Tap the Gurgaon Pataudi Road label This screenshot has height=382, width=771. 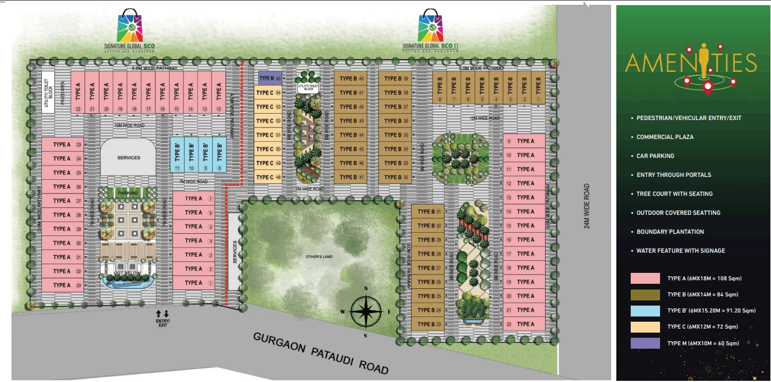click(321, 352)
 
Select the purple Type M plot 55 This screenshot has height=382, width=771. click(270, 79)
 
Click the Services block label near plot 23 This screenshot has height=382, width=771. click(128, 157)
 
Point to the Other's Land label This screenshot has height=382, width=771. click(320, 256)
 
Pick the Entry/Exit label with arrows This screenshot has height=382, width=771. click(163, 319)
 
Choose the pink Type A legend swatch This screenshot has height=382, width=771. click(645, 279)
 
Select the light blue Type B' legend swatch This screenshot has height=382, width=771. click(645, 311)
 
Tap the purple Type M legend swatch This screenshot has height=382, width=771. click(645, 343)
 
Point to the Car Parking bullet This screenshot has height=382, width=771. click(655, 156)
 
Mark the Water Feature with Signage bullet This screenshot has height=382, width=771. click(680, 250)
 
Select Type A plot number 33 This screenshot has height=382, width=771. click(63, 285)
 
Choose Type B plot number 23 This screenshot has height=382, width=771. click(429, 325)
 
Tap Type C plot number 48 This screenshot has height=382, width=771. click(268, 177)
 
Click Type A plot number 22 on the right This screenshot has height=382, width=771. click(524, 324)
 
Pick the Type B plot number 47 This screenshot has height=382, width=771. click(352, 177)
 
